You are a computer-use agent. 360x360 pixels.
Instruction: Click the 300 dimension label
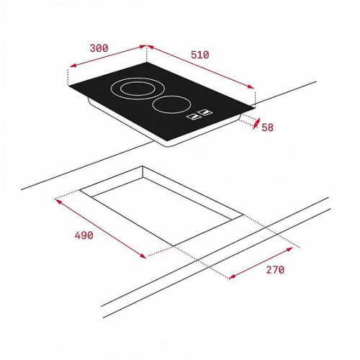[x=99, y=48]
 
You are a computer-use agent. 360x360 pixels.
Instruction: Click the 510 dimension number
[x=200, y=55]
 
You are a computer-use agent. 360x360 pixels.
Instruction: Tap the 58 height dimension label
[x=267, y=127]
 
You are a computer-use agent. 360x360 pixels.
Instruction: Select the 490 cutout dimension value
[x=84, y=235]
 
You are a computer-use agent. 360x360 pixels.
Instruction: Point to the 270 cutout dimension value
[x=275, y=270]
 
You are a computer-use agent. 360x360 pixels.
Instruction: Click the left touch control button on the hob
[x=194, y=117]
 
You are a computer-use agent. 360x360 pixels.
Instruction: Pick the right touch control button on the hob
[x=206, y=112]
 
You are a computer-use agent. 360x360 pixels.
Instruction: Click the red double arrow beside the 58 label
[x=256, y=124]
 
